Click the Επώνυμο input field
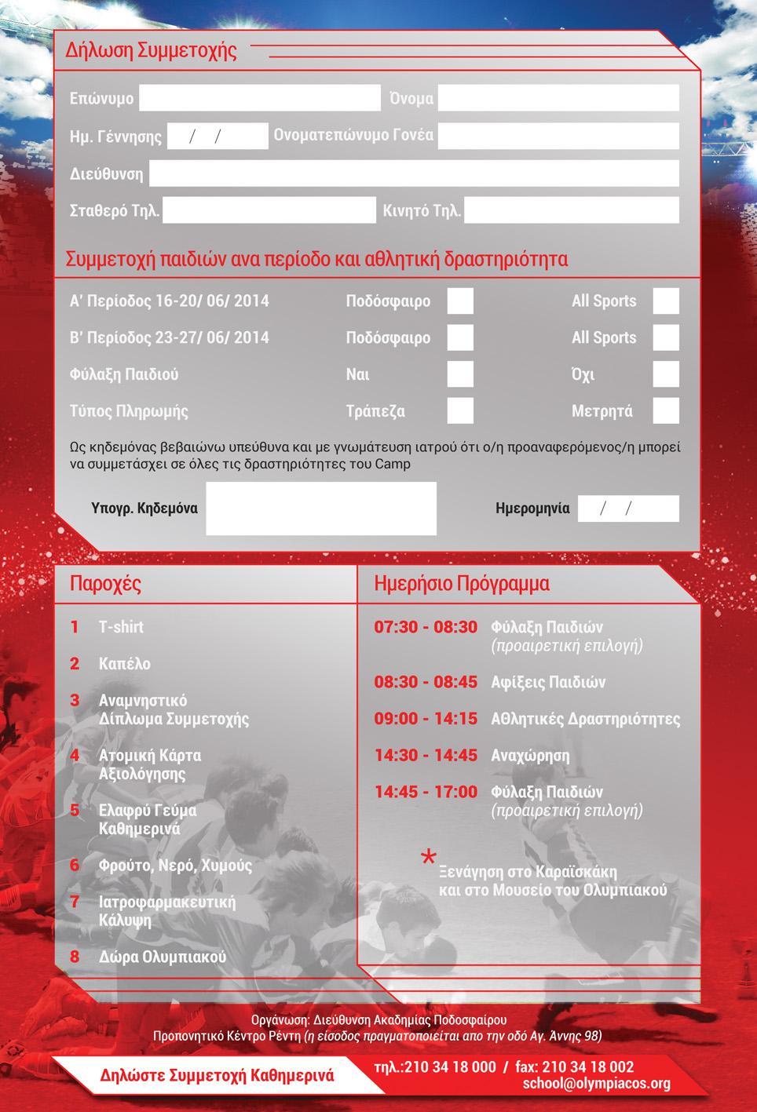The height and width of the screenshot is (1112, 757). (259, 98)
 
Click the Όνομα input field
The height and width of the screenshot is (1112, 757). (558, 98)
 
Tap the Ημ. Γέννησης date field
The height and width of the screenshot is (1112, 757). (218, 136)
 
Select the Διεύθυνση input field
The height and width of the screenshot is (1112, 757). (414, 173)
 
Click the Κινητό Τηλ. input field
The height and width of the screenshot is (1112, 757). (571, 210)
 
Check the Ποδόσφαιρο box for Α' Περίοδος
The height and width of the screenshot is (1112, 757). (460, 301)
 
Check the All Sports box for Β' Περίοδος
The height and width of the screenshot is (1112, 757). (666, 337)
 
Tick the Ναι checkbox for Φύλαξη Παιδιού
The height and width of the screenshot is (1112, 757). (460, 374)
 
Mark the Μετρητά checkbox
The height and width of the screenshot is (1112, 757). (666, 410)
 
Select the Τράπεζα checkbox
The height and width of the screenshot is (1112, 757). (460, 410)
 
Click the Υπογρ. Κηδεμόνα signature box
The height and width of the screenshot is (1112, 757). (320, 509)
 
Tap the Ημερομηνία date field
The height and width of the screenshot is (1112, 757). (628, 509)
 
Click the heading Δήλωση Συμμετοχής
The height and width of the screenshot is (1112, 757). (151, 50)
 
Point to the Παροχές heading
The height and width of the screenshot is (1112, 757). (105, 584)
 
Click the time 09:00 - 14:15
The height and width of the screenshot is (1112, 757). (426, 719)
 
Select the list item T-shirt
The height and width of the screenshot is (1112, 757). (121, 627)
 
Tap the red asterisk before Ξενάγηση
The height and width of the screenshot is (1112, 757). (428, 857)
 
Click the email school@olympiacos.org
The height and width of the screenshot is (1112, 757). (597, 1084)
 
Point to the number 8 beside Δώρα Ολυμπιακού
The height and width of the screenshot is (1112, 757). (75, 957)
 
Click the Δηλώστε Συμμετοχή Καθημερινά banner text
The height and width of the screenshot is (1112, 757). (217, 1075)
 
